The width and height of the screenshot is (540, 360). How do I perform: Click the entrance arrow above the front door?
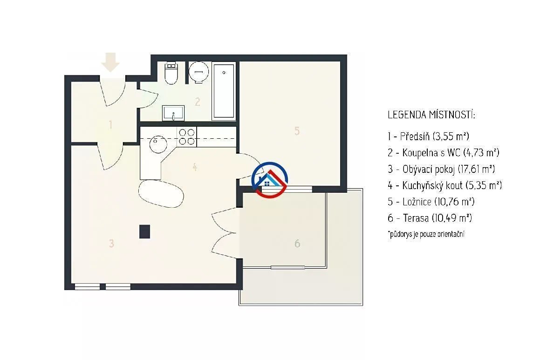point(110,62)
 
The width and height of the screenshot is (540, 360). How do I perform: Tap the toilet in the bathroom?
point(171,73)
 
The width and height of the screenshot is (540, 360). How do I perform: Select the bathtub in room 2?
point(224,90)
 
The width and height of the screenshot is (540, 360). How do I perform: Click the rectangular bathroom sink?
point(173,113)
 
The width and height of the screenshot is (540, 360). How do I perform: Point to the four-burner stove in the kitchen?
point(187,136)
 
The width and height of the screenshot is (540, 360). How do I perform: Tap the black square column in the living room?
point(144,231)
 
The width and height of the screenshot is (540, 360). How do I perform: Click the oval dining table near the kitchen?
point(161,193)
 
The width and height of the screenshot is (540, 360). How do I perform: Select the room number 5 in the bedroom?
point(297,131)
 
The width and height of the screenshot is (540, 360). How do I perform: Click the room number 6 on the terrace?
point(297,243)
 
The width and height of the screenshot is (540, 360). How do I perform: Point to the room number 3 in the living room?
point(111,243)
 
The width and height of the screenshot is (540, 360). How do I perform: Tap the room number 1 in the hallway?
point(110,124)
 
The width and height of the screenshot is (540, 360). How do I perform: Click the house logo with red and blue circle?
point(270,180)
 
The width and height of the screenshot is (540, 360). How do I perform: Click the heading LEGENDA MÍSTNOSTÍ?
point(431,115)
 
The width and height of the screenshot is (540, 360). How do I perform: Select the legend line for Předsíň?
point(429,136)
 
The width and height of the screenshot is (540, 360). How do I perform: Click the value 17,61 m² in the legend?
point(476,169)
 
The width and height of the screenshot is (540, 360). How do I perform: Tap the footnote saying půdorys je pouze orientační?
point(426,234)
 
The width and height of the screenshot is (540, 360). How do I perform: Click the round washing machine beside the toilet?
point(198,72)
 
